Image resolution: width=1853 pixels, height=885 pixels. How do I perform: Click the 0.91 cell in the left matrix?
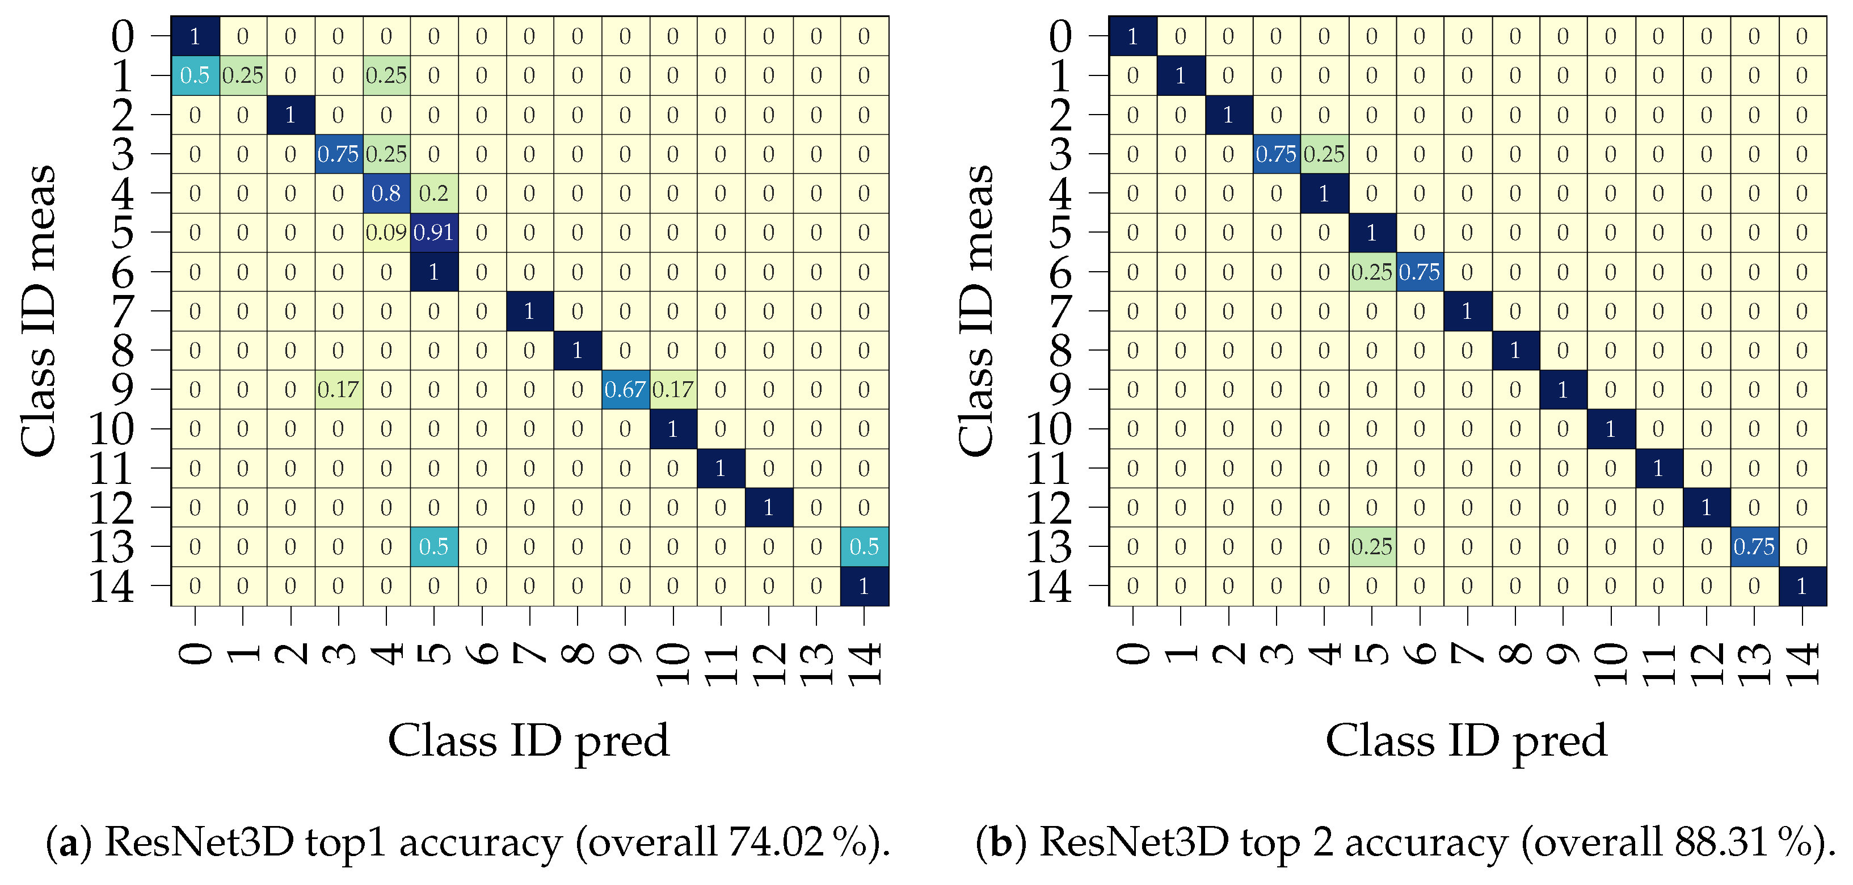(434, 233)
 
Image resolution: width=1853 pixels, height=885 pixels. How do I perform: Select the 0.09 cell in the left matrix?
(386, 233)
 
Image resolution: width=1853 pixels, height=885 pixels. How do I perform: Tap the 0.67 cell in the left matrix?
(625, 389)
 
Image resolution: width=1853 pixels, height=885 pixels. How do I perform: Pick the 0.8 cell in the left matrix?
(386, 193)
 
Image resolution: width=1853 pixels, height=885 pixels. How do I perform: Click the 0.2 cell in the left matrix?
(434, 193)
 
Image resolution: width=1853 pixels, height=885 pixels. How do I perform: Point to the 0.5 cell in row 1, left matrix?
(195, 75)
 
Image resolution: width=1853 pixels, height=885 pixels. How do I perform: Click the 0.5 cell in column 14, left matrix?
(864, 547)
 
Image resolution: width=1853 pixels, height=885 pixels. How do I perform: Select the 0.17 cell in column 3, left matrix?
(338, 389)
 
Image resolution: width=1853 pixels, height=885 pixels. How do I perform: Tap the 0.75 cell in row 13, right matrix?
(1754, 547)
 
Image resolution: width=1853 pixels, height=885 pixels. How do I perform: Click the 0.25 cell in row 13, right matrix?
(1371, 547)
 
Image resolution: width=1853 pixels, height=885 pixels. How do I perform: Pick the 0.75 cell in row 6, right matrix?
(1419, 272)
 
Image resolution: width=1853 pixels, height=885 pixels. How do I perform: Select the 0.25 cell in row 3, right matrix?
(1324, 154)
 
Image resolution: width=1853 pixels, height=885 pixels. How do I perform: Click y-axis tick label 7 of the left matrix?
(123, 311)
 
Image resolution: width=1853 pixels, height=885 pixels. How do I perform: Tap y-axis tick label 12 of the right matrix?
(1049, 508)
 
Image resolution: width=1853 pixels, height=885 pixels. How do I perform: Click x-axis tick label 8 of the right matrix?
(1515, 654)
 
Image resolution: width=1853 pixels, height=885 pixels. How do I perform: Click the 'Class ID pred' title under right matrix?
(1466, 741)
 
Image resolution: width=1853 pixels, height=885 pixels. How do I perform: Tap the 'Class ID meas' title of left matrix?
(40, 311)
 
